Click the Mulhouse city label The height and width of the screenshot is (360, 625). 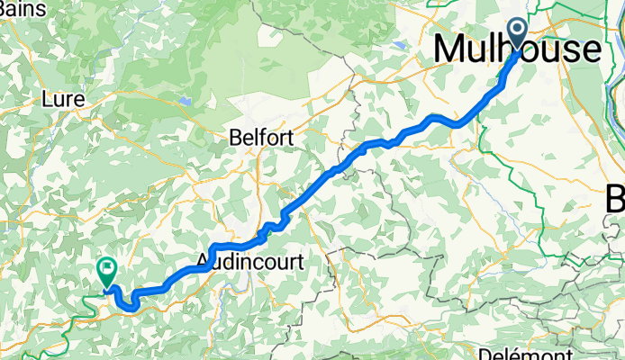517,49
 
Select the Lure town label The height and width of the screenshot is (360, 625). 63,100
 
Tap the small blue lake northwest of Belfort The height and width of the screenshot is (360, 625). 184,100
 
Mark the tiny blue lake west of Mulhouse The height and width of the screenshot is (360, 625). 398,40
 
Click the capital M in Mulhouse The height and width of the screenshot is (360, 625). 451,49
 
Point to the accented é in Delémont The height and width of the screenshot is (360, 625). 516,353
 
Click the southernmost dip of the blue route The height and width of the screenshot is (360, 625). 131,308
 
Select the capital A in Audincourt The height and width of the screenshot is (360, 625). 204,262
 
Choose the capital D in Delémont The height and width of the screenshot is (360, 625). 485,353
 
